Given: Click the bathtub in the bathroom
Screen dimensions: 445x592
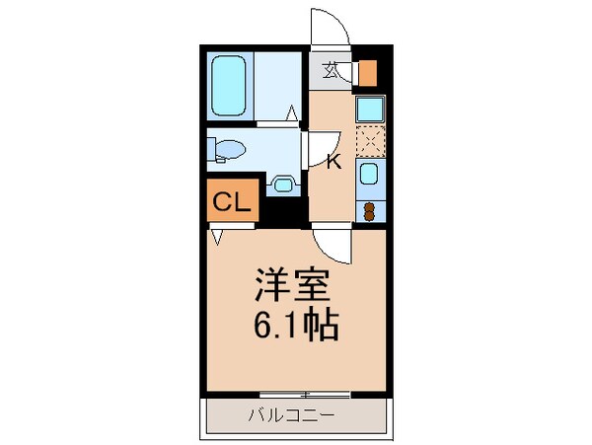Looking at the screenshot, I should (231, 85).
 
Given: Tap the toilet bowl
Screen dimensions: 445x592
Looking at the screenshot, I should (226, 151).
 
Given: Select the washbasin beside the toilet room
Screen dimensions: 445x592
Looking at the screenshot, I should (284, 184).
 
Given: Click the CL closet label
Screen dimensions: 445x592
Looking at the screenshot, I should (231, 204).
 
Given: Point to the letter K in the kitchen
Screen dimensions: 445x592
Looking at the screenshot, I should (333, 162).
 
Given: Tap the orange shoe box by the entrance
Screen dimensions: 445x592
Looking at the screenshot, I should (367, 74).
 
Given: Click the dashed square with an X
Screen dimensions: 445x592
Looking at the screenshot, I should (369, 142).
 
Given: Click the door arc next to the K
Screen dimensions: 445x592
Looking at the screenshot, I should (318, 148).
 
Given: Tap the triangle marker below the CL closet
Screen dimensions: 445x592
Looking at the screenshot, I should (216, 237).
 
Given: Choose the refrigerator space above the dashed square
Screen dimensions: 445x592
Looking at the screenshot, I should (368, 110).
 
